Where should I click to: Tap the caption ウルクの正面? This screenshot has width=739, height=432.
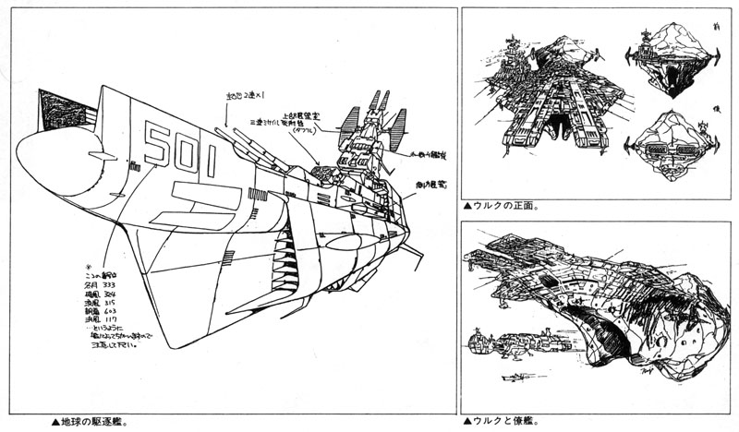(504, 208)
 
